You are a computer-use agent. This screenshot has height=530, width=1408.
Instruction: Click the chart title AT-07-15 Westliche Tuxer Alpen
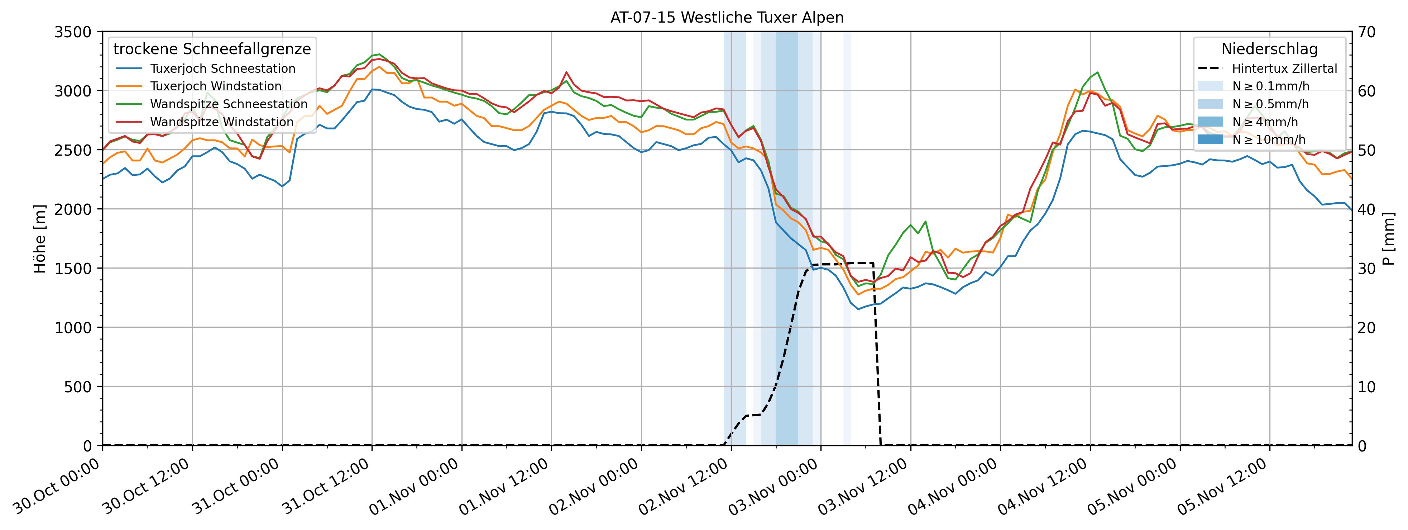(x=727, y=18)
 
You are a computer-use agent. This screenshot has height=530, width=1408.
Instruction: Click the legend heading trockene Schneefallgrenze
(x=212, y=49)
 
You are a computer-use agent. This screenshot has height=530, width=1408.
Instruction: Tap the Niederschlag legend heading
(x=1269, y=49)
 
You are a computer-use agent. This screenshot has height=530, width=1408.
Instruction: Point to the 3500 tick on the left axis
(x=73, y=32)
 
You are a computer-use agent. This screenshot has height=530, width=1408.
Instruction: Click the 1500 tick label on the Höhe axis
(x=73, y=269)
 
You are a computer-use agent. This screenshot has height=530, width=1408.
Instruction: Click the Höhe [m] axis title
(x=40, y=239)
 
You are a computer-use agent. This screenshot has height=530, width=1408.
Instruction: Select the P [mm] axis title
(x=1389, y=239)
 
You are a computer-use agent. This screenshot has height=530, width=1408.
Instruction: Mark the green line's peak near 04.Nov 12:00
(x=1097, y=72)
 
